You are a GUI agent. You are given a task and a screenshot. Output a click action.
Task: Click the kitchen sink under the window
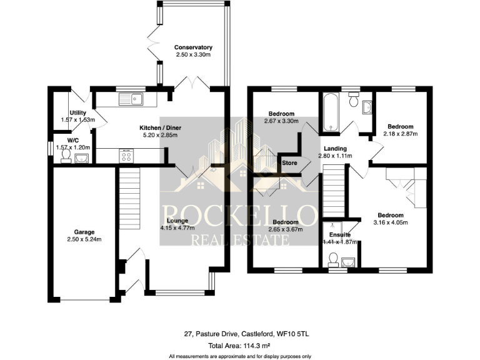pyautogui.click(x=132, y=98)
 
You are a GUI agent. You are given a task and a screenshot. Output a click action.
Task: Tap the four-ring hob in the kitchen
pyautogui.click(x=126, y=155)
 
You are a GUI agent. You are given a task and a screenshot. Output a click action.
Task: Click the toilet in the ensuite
pyautogui.click(x=334, y=259)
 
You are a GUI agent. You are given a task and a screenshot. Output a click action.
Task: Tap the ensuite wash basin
pyautogui.click(x=347, y=261)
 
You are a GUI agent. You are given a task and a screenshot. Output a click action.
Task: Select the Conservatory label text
pyautogui.click(x=193, y=47)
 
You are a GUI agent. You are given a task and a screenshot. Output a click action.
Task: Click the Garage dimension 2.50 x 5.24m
pyautogui.click(x=84, y=239)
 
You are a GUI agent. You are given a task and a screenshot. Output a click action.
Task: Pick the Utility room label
pyautogui.click(x=77, y=112)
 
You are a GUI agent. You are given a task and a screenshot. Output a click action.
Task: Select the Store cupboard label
pyautogui.click(x=289, y=163)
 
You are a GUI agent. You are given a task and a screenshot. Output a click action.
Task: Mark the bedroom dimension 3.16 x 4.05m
pyautogui.click(x=391, y=222)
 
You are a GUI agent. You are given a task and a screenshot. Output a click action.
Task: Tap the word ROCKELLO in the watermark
pyautogui.click(x=240, y=215)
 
